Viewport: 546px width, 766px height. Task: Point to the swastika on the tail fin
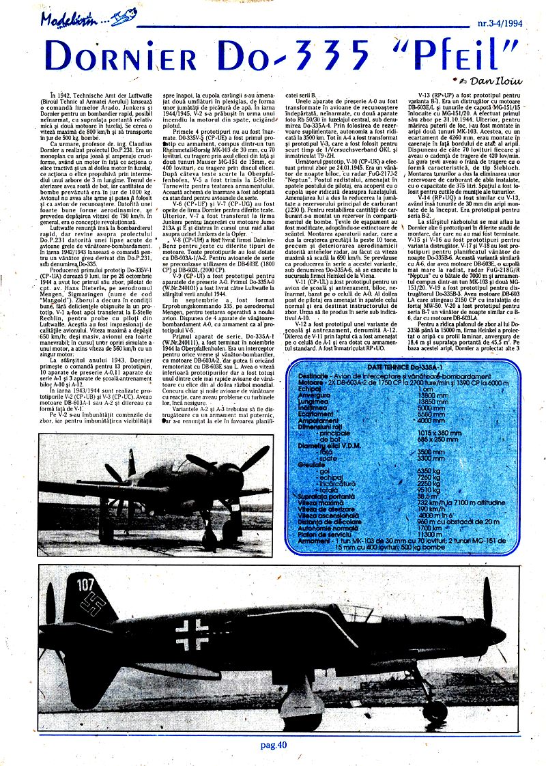tap(91, 603)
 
